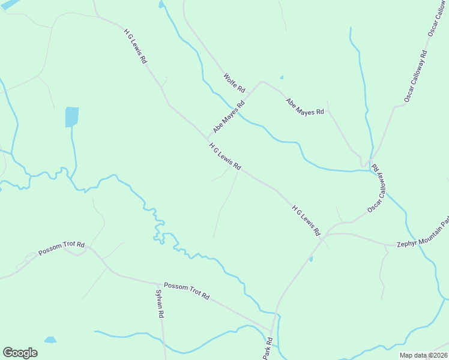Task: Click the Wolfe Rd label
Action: point(234,82)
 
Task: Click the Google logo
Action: point(20,353)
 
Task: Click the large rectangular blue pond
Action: point(71,117)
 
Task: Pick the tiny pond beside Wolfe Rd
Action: point(281,77)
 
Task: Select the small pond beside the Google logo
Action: point(50,340)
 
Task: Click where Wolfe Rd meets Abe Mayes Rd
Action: point(260,82)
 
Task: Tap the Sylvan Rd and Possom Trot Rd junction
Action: point(159,284)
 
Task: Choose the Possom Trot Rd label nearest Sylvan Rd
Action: point(186,291)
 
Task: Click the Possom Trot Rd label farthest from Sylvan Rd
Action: point(61,248)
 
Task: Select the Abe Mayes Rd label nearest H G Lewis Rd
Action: point(229,116)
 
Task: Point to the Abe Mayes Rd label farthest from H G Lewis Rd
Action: point(305,107)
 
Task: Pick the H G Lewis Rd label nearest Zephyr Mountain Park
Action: point(307,220)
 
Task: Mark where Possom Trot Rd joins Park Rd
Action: point(271,331)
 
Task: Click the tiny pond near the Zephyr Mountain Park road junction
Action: point(311,259)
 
